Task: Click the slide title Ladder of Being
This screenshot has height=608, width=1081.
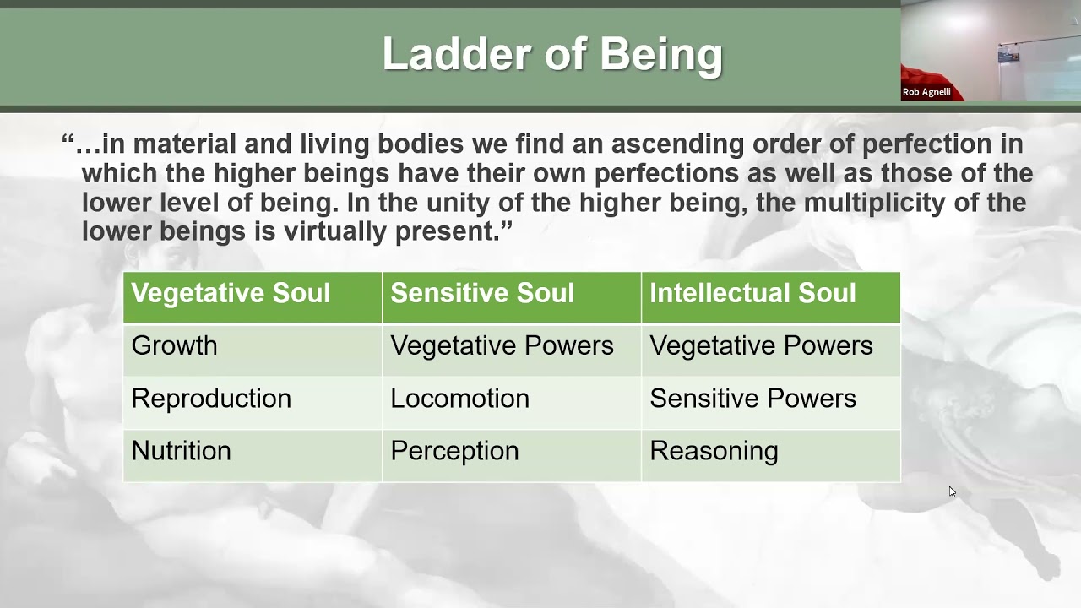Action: [x=552, y=54]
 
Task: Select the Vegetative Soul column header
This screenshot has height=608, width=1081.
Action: [x=231, y=293]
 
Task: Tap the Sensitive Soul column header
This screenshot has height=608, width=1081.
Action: [x=482, y=293]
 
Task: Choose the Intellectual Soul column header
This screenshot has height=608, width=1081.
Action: [x=752, y=293]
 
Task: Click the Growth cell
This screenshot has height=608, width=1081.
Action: [x=174, y=345]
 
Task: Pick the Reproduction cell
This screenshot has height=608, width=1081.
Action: [x=211, y=399]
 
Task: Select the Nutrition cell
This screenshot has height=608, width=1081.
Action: [x=181, y=451]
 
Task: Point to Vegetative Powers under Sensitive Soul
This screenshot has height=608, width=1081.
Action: [x=502, y=345]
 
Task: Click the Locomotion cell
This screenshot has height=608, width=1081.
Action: [x=459, y=399]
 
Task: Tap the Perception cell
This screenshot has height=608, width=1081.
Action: [x=454, y=451]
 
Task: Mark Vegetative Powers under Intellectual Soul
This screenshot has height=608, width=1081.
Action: [x=761, y=345]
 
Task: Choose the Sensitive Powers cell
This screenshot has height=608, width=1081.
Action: [x=752, y=399]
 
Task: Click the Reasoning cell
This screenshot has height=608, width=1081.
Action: [x=714, y=451]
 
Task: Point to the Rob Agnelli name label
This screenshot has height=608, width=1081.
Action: [x=926, y=92]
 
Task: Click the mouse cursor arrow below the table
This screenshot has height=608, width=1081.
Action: [x=952, y=491]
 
